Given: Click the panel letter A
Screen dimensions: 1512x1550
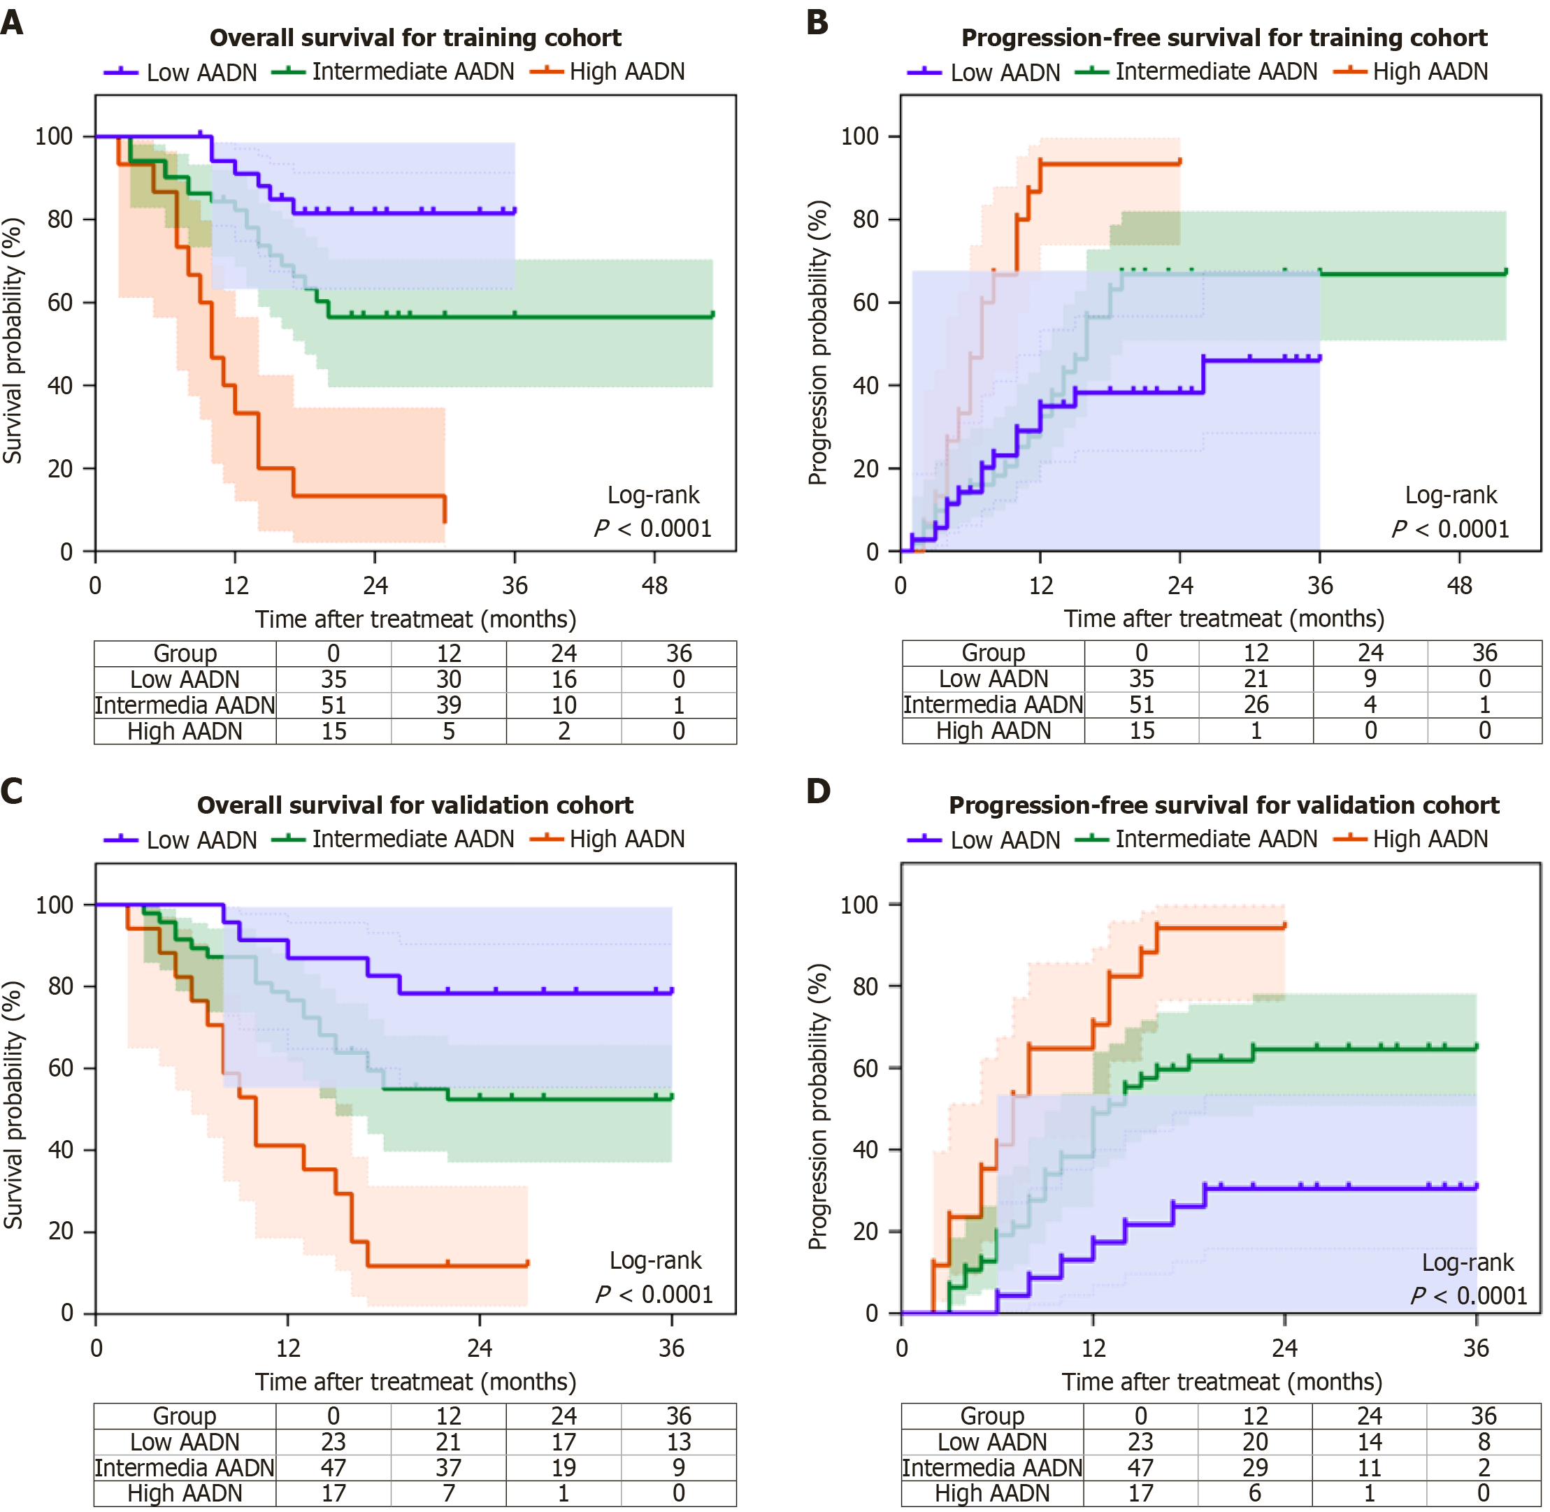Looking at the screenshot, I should pos(12,22).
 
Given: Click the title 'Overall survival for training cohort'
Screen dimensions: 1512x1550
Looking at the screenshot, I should pos(415,38).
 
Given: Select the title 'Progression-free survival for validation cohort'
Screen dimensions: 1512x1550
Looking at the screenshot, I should pos(1224,805).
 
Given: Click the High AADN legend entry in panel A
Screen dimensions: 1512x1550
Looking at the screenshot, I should pos(608,72).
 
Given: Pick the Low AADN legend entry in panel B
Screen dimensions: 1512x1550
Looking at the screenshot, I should pos(984,72).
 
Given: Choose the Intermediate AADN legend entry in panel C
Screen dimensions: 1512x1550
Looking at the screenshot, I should pos(393,840).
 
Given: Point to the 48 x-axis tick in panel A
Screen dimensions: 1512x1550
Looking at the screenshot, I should pos(654,586).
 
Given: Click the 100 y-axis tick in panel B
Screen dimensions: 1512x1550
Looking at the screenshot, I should pos(859,136).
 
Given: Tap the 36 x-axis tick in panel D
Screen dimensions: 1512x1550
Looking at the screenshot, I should pos(1476,1348).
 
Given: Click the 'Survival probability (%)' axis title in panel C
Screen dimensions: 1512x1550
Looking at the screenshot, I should pos(13,1104).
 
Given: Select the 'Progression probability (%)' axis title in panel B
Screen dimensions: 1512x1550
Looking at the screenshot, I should pos(818,343).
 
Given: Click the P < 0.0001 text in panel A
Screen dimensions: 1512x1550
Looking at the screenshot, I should pos(653,529).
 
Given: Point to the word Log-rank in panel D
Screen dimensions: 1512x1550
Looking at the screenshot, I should pos(1468,1262).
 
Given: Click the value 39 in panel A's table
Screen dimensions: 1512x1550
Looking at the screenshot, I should pos(449,705).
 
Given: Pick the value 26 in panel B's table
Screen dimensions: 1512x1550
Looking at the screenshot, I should pos(1256,705).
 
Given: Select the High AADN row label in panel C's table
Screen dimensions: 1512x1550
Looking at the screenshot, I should pos(185,1493).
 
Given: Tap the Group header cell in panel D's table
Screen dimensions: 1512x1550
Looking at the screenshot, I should pos(992,1416).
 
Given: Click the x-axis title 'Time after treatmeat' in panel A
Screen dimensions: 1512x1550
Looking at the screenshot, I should pos(415,619).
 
